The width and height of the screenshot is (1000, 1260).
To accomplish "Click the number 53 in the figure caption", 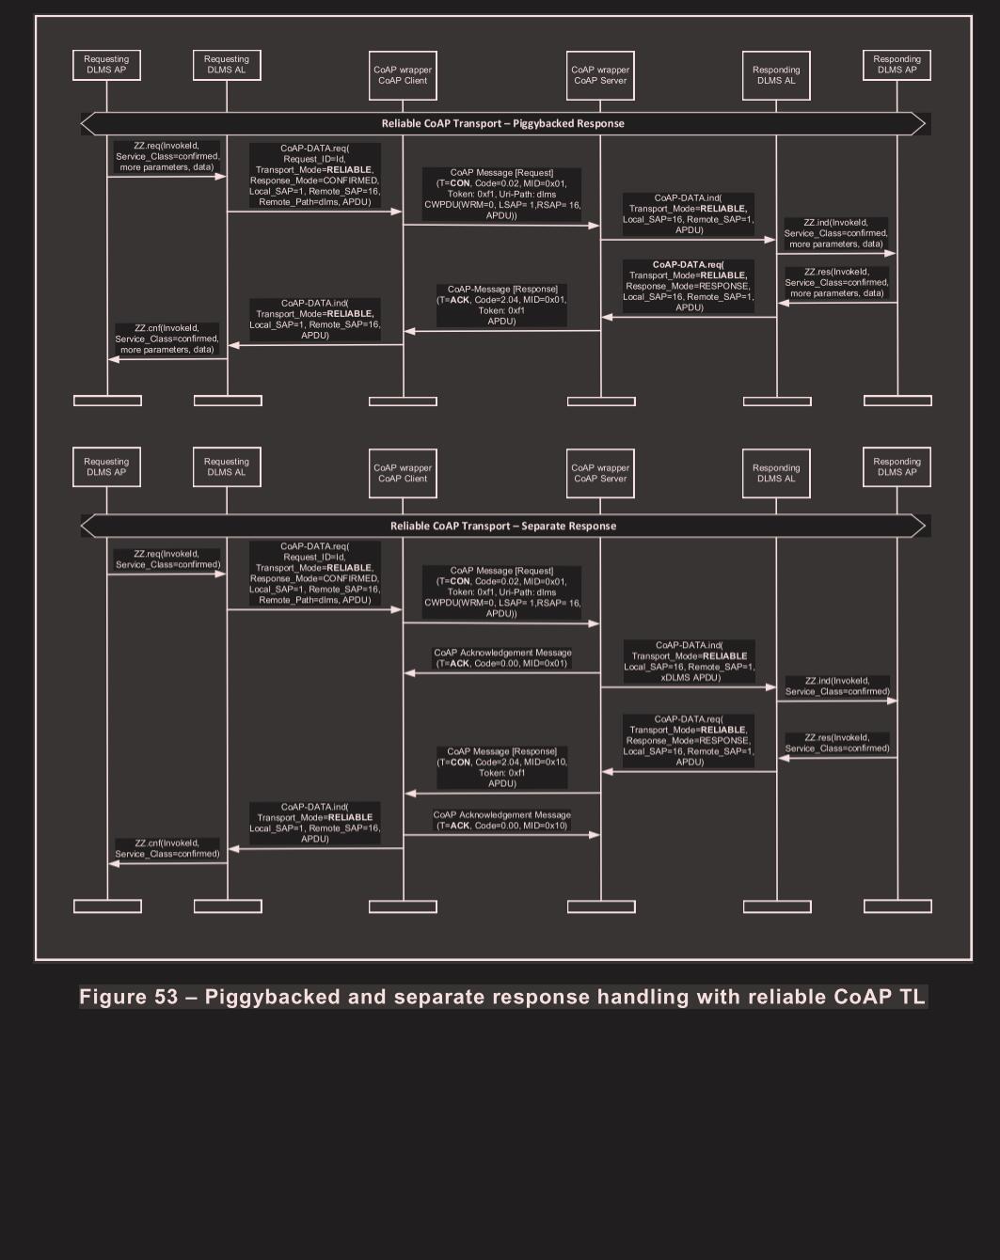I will (x=166, y=997).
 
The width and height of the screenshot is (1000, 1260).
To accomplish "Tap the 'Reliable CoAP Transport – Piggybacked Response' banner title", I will (x=502, y=123).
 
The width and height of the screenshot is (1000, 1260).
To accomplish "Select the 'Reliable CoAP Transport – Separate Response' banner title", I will (x=503, y=526).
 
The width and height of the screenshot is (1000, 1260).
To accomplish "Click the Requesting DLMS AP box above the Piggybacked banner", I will (x=106, y=65).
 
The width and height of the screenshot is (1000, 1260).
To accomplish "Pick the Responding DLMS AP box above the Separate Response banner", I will (x=897, y=467).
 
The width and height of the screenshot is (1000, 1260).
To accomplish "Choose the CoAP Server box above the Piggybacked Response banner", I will (x=600, y=75).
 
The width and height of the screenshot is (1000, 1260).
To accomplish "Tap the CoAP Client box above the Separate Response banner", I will (x=403, y=473).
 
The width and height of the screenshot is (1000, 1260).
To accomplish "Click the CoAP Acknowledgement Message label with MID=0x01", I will (x=502, y=658).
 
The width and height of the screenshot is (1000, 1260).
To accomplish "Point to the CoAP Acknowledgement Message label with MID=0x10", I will (x=502, y=820).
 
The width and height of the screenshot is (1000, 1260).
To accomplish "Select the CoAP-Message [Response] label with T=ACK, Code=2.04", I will (x=502, y=306).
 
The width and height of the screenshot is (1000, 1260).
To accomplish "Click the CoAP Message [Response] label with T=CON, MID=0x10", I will (x=502, y=767).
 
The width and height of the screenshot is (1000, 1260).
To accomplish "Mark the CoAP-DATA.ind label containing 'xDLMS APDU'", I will (x=690, y=661).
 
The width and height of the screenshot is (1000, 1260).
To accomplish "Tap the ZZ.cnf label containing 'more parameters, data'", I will (x=167, y=339).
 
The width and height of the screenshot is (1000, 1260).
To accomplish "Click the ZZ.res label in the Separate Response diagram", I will (x=837, y=743).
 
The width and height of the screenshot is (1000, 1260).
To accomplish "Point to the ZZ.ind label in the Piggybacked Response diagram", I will (x=836, y=233).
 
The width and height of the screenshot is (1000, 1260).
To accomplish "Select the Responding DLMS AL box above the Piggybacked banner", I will (x=776, y=75).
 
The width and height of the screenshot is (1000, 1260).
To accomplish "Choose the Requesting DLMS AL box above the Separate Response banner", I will (x=227, y=467).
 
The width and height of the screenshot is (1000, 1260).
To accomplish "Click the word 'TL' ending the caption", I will (x=912, y=997).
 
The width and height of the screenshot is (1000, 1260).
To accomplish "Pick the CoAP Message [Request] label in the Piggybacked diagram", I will (x=502, y=194).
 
